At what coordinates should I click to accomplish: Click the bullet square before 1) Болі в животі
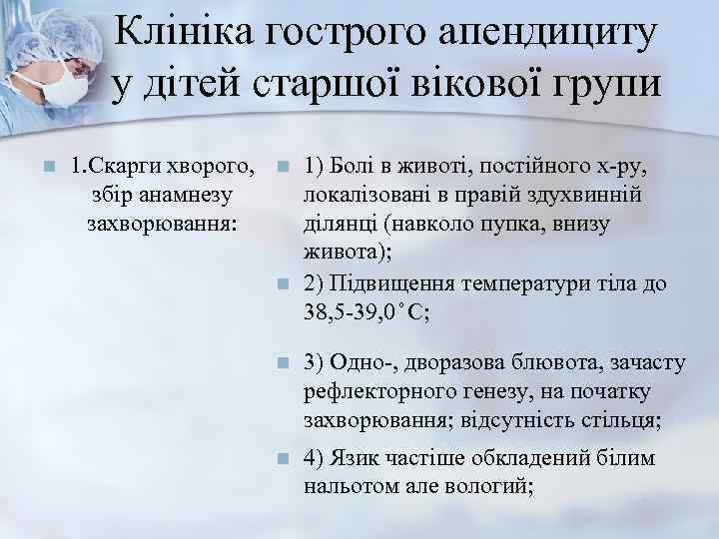coord(284,166)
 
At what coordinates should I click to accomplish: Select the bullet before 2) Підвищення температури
coord(284,283)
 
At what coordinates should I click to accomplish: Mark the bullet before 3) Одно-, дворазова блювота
coord(284,361)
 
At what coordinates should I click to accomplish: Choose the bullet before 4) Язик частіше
coord(284,458)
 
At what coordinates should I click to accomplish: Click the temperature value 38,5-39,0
coord(354,311)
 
